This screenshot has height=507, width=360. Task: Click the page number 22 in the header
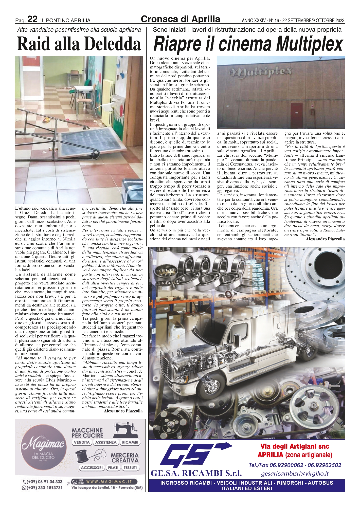tap(32, 19)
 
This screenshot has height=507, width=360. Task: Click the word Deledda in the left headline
tap(113, 44)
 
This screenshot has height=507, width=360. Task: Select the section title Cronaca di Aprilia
tap(180, 19)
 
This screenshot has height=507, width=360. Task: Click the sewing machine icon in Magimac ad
tap(127, 429)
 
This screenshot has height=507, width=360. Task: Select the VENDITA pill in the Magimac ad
tap(82, 442)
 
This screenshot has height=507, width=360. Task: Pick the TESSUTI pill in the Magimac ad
tap(130, 468)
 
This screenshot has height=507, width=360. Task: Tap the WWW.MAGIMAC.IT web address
tap(111, 481)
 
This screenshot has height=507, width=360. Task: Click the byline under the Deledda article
tap(123, 411)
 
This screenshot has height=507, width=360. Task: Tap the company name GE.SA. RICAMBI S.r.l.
tap(196, 473)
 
